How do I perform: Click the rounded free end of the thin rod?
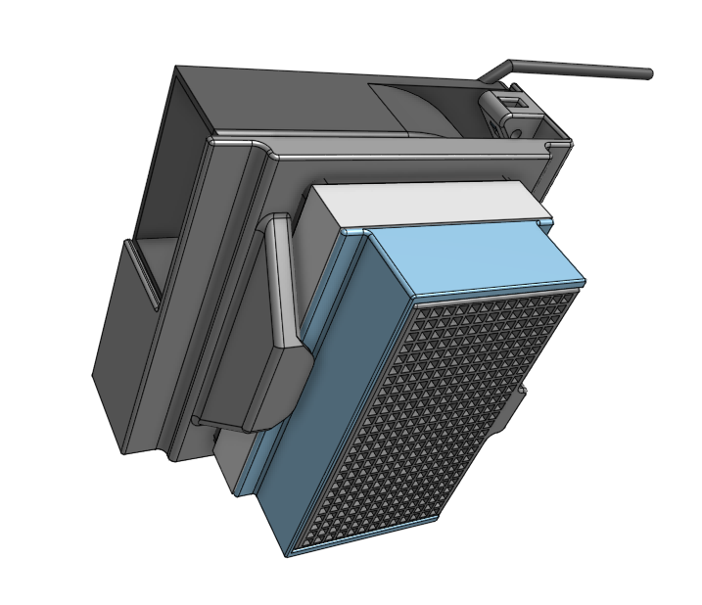click(x=647, y=73)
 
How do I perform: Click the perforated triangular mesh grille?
click(x=441, y=411)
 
